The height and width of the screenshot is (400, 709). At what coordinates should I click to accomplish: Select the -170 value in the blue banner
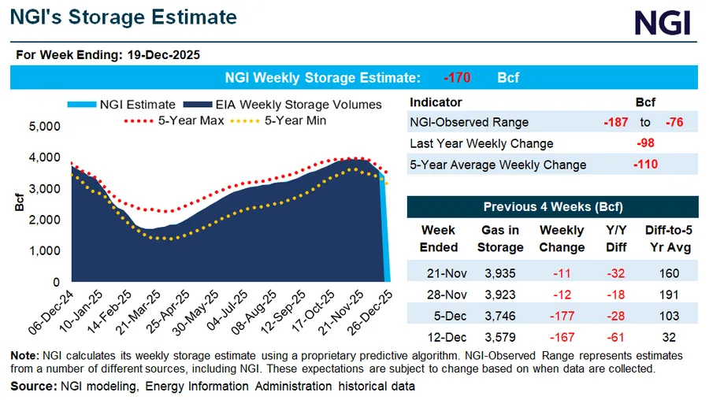tap(457, 78)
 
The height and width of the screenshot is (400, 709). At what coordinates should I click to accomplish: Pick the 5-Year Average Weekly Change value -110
tap(645, 165)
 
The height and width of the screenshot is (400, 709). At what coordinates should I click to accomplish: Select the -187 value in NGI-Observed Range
tap(612, 122)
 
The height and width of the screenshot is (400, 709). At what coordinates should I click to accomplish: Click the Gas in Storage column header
tap(500, 239)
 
